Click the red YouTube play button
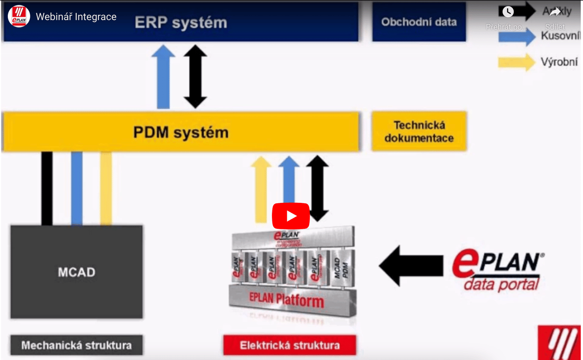click(x=291, y=216)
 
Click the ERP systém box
click(x=181, y=22)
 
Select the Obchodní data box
click(x=419, y=22)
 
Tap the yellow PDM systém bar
click(x=181, y=132)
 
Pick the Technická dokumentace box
click(x=419, y=132)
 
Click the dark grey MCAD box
click(x=76, y=272)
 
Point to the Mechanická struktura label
click(x=76, y=346)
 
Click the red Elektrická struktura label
click(x=290, y=346)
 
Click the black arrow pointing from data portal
click(x=410, y=265)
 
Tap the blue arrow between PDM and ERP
click(x=163, y=77)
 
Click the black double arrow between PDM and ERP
click(x=195, y=77)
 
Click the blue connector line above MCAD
click(x=77, y=188)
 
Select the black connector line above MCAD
click(x=47, y=188)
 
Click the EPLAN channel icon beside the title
click(x=19, y=17)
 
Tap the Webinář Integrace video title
click(x=76, y=17)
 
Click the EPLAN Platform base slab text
click(x=286, y=299)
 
